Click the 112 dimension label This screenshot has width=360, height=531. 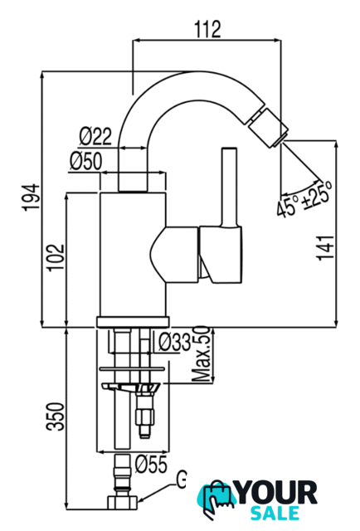(207, 30)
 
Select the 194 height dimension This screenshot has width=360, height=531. (32, 197)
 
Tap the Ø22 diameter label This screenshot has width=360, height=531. (95, 136)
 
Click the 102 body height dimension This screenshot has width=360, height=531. (56, 257)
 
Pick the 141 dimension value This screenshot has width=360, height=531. (325, 247)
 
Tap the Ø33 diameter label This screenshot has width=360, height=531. (175, 342)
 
